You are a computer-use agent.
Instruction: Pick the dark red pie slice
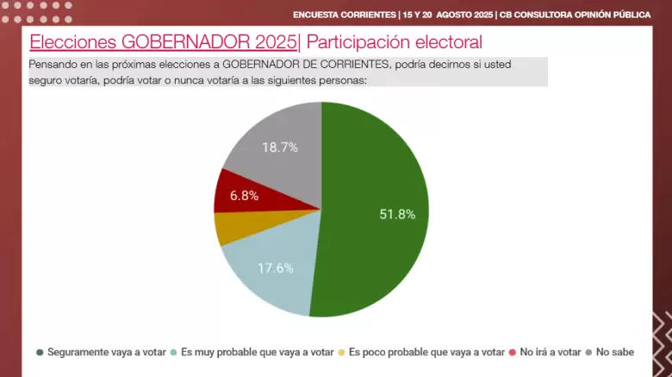[x=252, y=193]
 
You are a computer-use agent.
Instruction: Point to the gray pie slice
[x=283, y=150]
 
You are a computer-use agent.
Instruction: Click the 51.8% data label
[x=397, y=214]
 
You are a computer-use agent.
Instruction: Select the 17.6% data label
[x=276, y=268]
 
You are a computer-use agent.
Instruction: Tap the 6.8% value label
[x=245, y=196]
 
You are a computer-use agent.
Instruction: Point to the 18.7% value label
[x=280, y=148]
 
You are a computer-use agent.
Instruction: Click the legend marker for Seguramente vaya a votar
[x=40, y=353]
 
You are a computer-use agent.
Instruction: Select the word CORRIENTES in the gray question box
[x=355, y=65]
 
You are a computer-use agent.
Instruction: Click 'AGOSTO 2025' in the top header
[x=464, y=15]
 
